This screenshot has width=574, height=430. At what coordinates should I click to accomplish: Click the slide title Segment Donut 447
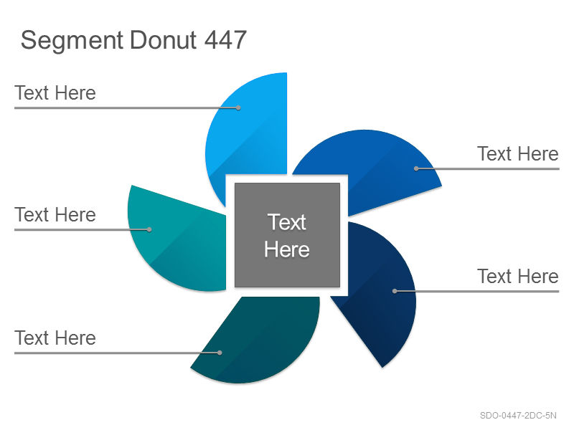click(133, 40)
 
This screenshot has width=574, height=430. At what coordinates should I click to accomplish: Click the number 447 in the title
click(225, 39)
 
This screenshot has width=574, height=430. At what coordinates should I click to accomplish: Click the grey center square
click(288, 235)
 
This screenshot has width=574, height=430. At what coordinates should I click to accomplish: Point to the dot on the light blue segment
click(238, 108)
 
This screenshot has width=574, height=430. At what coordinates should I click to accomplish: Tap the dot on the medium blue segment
click(416, 168)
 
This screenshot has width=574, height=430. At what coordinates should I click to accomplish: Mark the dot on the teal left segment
click(149, 229)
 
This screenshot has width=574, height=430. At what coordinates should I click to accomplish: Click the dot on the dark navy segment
click(395, 291)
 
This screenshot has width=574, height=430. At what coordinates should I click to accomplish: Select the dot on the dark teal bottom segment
click(220, 353)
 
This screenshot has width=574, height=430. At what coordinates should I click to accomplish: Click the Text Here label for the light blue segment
click(55, 93)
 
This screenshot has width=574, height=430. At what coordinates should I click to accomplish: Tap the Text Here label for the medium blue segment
click(518, 153)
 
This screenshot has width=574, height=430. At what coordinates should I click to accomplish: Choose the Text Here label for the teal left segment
click(55, 214)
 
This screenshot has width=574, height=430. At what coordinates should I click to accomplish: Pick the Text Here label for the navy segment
click(518, 276)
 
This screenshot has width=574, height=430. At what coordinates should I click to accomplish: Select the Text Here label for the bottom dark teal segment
click(55, 338)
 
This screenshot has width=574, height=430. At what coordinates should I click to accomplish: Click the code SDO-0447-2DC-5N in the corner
click(518, 416)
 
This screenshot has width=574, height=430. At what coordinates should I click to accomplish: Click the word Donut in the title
click(164, 39)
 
